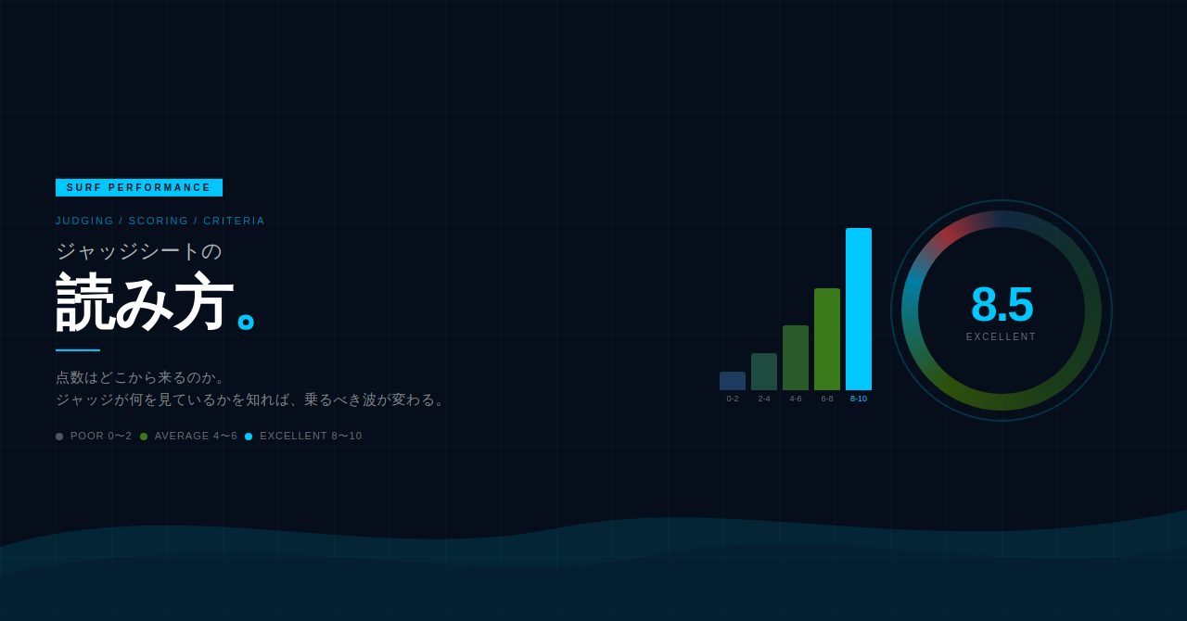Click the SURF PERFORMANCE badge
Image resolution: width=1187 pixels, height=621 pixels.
click(x=139, y=187)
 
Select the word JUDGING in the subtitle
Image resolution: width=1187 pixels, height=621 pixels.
click(x=84, y=221)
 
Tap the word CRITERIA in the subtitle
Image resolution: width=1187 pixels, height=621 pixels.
click(x=234, y=221)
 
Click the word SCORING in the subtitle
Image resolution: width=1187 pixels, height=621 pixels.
click(x=159, y=221)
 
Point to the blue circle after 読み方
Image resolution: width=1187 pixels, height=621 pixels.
click(x=246, y=322)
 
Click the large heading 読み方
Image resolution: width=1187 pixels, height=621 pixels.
click(x=145, y=301)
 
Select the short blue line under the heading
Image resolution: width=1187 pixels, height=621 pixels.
click(x=77, y=350)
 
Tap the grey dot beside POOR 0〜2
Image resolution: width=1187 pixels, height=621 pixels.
click(x=59, y=437)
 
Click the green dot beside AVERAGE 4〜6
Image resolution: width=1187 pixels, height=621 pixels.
click(x=144, y=437)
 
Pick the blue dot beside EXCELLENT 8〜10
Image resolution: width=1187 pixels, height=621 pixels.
click(x=249, y=437)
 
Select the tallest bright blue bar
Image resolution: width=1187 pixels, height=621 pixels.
click(x=859, y=309)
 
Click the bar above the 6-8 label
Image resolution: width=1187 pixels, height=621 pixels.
click(x=827, y=339)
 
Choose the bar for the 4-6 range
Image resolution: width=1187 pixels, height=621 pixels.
click(x=796, y=358)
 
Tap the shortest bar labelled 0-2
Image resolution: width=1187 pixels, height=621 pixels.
click(x=733, y=381)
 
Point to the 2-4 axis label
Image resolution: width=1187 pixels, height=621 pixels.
click(x=764, y=399)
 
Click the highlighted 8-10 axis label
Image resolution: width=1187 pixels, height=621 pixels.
click(x=859, y=399)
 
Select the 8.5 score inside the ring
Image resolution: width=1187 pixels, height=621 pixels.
click(x=1002, y=304)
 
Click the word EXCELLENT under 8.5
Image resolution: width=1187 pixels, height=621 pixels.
click(x=1001, y=336)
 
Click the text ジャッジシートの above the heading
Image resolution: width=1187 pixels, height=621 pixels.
click(x=139, y=251)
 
